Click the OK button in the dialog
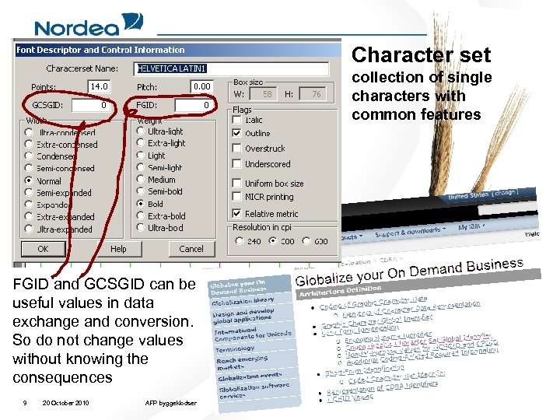43,249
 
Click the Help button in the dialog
118,249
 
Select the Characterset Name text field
231,68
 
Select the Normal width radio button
30,180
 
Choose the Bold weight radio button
141,204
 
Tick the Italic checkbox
236,120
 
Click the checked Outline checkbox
236,133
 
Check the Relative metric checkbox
236,213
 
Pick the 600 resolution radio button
304,241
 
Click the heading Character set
421,55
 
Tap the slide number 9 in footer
26,403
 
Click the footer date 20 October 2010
66,403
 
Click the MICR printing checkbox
236,196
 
